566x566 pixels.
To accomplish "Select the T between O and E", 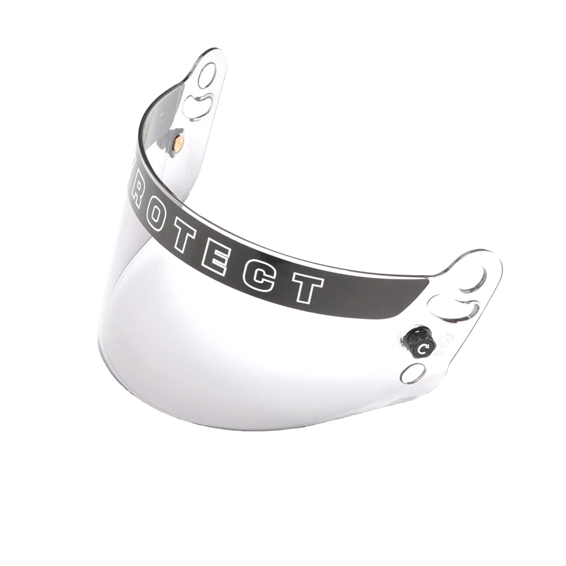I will click(x=185, y=240).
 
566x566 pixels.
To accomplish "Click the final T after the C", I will click(x=306, y=287).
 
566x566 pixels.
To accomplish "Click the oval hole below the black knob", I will click(x=413, y=374).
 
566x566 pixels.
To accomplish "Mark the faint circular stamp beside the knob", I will click(x=446, y=340).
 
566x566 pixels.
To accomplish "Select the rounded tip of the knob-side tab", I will click(x=489, y=260).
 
